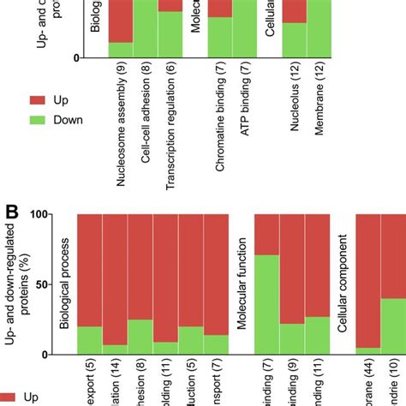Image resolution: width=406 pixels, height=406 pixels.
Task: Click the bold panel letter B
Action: point(12,210)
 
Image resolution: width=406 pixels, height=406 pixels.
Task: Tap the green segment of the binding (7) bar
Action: point(266,304)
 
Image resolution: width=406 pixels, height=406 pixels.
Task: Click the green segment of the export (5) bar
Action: point(89,340)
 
